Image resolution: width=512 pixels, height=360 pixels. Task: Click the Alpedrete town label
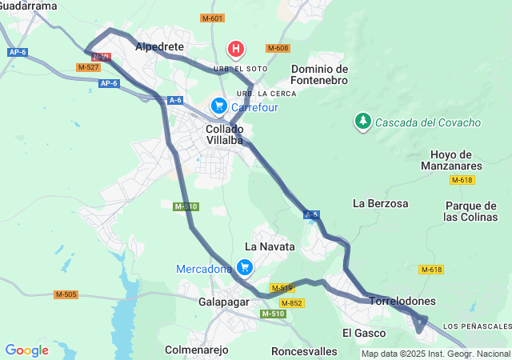(x=161, y=47)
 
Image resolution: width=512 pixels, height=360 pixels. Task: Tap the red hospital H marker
(x=236, y=50)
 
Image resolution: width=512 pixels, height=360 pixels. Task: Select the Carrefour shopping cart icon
(x=218, y=106)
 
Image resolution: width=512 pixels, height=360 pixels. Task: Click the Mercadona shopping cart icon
(x=245, y=268)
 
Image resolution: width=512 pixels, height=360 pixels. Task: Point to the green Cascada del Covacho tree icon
(x=363, y=122)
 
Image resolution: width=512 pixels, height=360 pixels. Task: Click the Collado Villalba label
(x=225, y=134)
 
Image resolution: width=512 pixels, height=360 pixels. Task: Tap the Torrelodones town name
(x=402, y=301)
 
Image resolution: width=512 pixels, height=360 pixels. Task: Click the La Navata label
(x=270, y=246)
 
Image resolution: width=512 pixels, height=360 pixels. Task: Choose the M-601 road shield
(x=212, y=18)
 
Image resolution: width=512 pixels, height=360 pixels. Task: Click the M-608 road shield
(x=278, y=48)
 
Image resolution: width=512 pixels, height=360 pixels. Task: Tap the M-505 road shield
(x=66, y=294)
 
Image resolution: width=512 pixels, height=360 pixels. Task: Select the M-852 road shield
(x=291, y=302)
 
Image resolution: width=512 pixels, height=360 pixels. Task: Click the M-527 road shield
(x=89, y=67)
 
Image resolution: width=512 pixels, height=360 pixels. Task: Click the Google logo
(x=26, y=350)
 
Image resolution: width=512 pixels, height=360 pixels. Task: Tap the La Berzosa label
(x=380, y=203)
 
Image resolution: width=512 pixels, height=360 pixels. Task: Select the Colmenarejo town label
(x=196, y=350)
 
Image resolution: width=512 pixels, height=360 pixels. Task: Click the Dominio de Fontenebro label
(x=319, y=75)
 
